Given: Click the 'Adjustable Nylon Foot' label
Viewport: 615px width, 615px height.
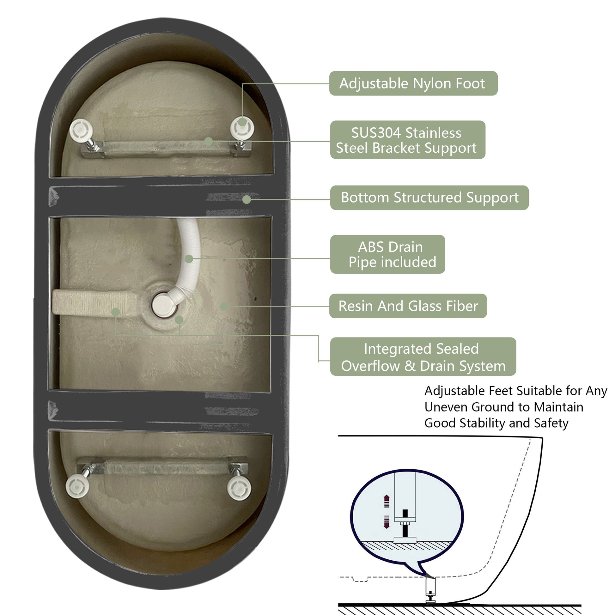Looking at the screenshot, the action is click(413, 83).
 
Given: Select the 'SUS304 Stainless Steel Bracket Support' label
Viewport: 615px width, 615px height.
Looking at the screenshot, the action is click(408, 140).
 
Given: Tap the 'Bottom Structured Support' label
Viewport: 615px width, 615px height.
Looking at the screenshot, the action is click(429, 198).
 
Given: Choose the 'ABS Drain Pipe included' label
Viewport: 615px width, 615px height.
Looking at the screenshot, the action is click(388, 254).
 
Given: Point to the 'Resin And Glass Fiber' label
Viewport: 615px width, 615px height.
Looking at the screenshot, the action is click(408, 306).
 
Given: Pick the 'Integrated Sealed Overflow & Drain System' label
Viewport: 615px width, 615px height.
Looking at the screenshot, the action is click(423, 356).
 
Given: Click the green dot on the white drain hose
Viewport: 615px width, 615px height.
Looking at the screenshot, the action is click(189, 259).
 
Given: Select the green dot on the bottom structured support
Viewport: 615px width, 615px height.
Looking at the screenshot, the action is click(247, 200).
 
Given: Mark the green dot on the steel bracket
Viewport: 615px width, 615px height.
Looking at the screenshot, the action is click(209, 141).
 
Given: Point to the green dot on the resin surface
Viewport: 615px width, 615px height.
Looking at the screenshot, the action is click(224, 307).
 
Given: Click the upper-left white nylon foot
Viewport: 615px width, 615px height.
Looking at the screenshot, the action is click(81, 130).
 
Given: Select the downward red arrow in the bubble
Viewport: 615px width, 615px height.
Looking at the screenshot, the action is click(387, 522).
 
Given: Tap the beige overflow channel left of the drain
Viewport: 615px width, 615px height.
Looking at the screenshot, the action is click(95, 302).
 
